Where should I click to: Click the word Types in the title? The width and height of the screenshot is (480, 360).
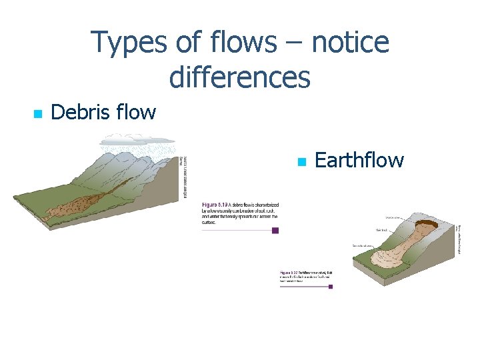click(130, 43)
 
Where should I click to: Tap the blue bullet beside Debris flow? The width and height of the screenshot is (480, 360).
click(37, 114)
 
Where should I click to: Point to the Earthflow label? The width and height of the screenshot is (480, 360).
click(359, 161)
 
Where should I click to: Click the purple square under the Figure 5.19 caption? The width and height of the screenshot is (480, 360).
click(275, 231)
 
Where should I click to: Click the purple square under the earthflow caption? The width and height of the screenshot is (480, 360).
click(329, 287)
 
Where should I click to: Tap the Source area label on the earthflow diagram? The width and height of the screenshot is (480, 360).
click(393, 217)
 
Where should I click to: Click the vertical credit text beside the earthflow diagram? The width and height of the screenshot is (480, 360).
click(460, 240)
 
